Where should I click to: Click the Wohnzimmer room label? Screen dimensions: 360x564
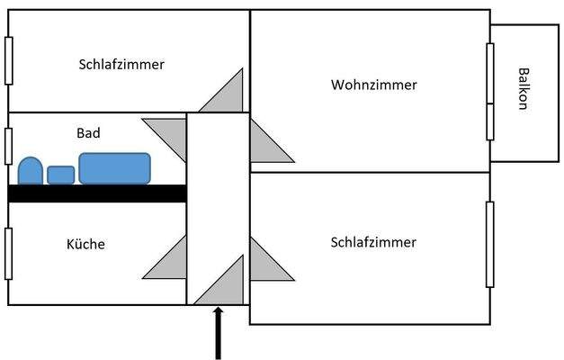[374, 85]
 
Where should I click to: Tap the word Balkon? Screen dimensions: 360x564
[523, 88]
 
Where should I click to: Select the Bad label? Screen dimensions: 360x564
[88, 133]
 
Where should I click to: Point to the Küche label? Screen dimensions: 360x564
[86, 244]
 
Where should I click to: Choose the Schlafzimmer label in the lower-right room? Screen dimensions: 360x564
[373, 243]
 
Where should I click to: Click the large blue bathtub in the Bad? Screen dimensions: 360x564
[114, 167]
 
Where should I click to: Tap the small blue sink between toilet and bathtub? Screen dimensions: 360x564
[60, 175]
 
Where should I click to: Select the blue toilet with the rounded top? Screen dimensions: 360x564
[31, 170]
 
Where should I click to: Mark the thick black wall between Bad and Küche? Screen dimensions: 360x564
[97, 193]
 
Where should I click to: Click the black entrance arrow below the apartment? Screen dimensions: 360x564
[217, 333]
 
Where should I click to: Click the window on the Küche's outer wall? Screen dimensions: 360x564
[8, 254]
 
